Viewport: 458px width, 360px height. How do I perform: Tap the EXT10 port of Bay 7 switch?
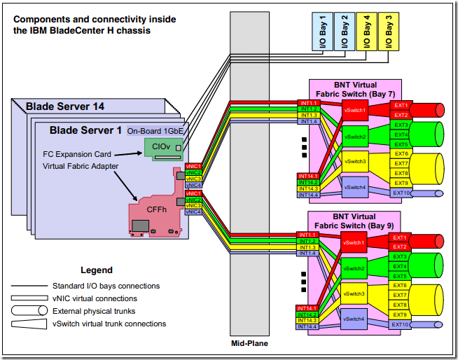point(401,193)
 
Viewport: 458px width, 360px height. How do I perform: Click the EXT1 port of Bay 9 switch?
point(401,237)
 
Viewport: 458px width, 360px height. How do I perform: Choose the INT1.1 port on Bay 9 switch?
point(308,235)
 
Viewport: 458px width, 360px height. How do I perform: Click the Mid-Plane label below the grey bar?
point(250,344)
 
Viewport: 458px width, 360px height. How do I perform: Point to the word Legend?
point(97,270)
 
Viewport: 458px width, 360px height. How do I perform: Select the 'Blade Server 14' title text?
point(65,106)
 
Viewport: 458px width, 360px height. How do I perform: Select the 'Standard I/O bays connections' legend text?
point(106,286)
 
